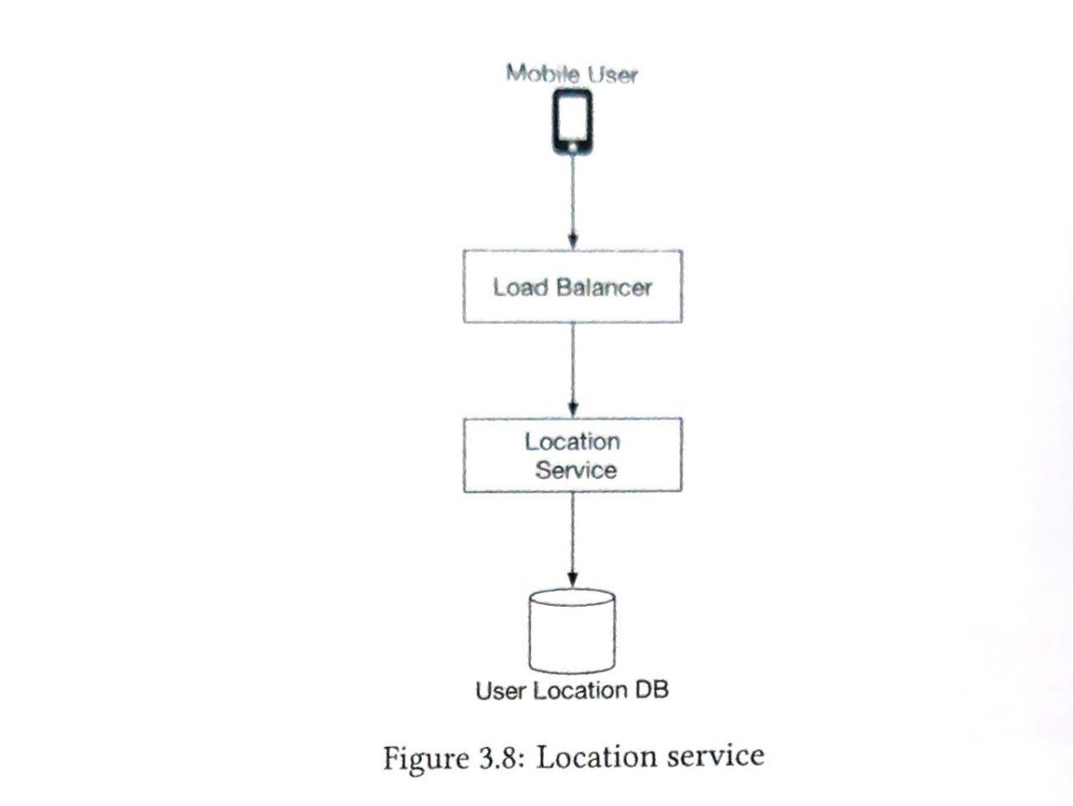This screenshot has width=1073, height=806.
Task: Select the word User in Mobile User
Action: pyautogui.click(x=613, y=75)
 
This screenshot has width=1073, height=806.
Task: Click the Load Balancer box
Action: pyautogui.click(x=572, y=287)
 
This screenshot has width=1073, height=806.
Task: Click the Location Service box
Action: pyautogui.click(x=572, y=455)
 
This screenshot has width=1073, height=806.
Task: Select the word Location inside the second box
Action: pyautogui.click(x=572, y=441)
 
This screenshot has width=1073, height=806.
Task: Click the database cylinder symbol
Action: pyautogui.click(x=572, y=631)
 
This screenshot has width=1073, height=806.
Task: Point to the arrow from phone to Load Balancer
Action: pyautogui.click(x=573, y=201)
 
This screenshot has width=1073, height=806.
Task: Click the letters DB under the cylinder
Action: pyautogui.click(x=653, y=691)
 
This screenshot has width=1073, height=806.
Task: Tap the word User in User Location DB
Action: pyautogui.click(x=502, y=692)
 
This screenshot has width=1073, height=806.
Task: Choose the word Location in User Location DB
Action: pyautogui.click(x=581, y=692)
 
